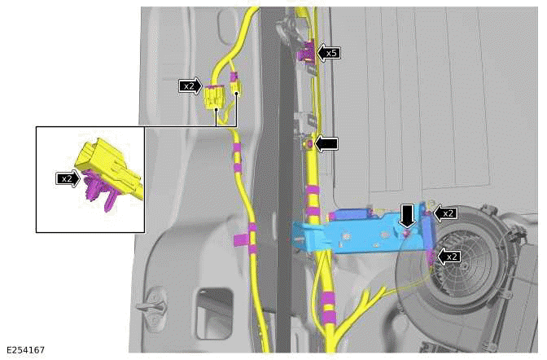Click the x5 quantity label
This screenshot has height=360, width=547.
point(329,53)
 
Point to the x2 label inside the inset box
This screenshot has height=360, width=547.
point(68,178)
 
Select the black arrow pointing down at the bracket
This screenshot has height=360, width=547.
point(407,216)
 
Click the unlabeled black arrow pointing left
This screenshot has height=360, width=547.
point(328,143)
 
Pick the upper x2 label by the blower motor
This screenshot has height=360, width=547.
point(445,213)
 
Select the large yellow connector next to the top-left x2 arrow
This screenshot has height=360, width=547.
point(213,97)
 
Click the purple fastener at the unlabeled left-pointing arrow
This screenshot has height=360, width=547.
point(309,144)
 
